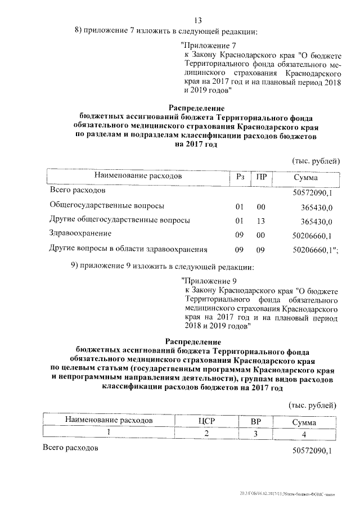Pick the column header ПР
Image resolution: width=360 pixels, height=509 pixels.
pyautogui.click(x=261, y=177)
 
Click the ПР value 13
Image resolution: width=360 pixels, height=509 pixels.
pyautogui.click(x=261, y=220)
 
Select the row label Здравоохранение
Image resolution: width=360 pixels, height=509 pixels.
pyautogui.click(x=80, y=234)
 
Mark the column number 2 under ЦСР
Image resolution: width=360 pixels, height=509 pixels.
pyautogui.click(x=206, y=434)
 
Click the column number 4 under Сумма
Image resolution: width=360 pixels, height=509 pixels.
pyautogui.click(x=304, y=434)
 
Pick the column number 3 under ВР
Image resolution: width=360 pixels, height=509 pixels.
pyautogui.click(x=255, y=434)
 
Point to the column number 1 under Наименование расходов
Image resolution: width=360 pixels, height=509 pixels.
pyautogui.click(x=109, y=433)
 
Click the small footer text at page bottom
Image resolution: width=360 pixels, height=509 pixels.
pyautogui.click(x=299, y=494)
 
